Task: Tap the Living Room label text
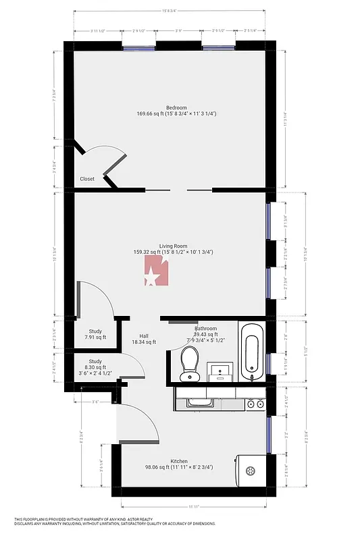click(173, 246)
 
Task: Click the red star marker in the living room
click(155, 274)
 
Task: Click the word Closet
click(87, 179)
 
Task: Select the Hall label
click(144, 335)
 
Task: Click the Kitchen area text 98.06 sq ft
click(178, 466)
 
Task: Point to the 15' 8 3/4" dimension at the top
click(170, 10)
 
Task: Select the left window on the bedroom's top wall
click(139, 47)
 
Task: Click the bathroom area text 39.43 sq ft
click(205, 334)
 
